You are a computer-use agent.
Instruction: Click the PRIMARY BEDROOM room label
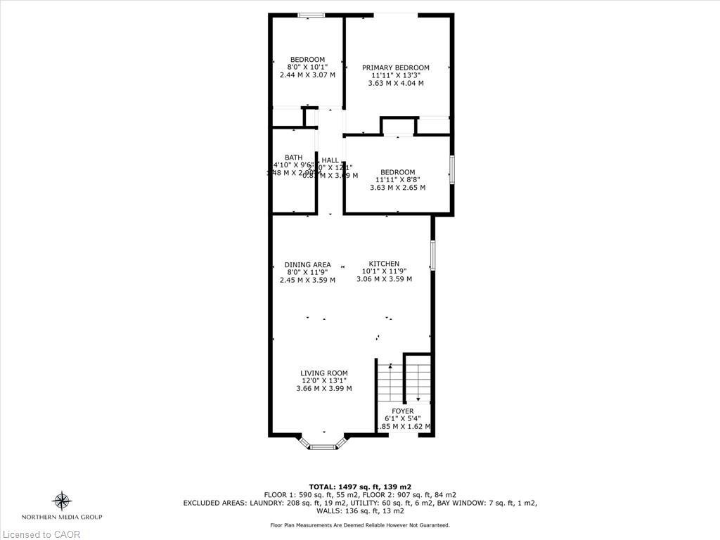(x=395, y=67)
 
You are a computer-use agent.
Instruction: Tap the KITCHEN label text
(x=384, y=264)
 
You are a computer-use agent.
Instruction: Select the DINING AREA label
(x=307, y=265)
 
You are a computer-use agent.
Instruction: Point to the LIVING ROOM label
(x=324, y=373)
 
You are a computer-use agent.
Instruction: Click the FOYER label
(x=403, y=411)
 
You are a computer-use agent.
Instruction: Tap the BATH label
(x=293, y=157)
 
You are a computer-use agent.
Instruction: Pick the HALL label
(x=330, y=160)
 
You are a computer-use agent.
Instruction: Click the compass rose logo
(x=63, y=501)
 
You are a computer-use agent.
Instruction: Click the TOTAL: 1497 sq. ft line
(x=360, y=487)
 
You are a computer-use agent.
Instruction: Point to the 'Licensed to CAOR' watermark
(x=40, y=534)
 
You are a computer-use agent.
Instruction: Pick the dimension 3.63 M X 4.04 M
(x=395, y=83)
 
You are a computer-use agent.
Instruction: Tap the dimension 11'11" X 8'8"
(x=397, y=180)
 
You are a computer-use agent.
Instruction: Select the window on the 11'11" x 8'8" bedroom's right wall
(x=452, y=169)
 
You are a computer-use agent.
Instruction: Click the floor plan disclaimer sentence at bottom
(x=360, y=525)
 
